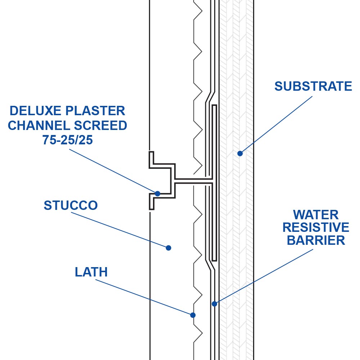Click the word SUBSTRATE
pyautogui.click(x=313, y=86)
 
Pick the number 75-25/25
pyautogui.click(x=67, y=140)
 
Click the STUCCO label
pyautogui.click(x=71, y=206)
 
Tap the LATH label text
pyautogui.click(x=91, y=272)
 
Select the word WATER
pyautogui.click(x=316, y=215)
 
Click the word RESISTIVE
pyautogui.click(x=316, y=228)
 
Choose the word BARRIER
pyautogui.click(x=316, y=240)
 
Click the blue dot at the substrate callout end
pyautogui.click(x=240, y=153)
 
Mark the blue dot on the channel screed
pyautogui.click(x=157, y=194)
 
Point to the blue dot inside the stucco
pyautogui.click(x=168, y=248)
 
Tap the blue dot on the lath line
pyautogui.click(x=193, y=315)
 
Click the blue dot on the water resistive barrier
pyautogui.click(x=214, y=304)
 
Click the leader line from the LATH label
pyautogui.click(x=144, y=297)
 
